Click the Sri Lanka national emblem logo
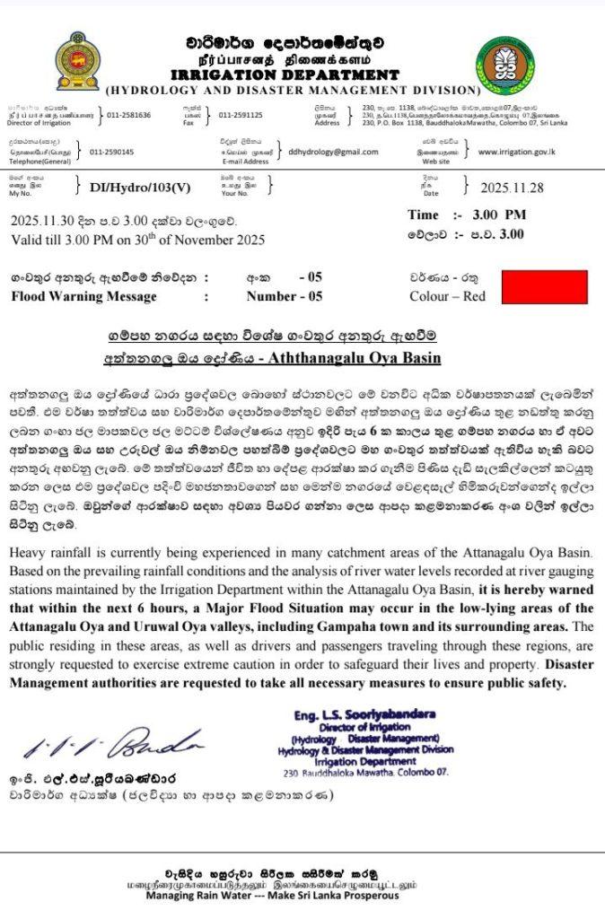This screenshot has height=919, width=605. [x=76, y=62]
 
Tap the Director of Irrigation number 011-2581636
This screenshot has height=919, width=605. [x=129, y=115]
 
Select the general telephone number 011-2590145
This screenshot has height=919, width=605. [x=112, y=152]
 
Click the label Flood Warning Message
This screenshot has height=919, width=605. [x=83, y=296]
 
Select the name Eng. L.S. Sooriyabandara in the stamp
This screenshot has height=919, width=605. [x=365, y=714]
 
